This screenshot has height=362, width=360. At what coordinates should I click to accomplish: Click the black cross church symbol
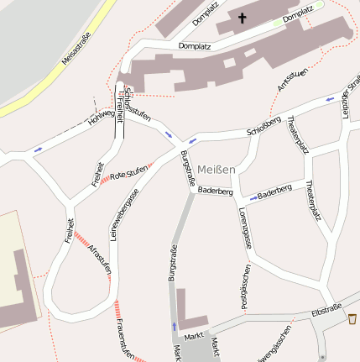[243, 18]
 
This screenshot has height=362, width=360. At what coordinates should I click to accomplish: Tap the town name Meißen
[217, 169]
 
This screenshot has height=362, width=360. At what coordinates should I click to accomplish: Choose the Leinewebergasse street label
[121, 210]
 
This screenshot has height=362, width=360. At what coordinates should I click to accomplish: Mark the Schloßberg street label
[263, 130]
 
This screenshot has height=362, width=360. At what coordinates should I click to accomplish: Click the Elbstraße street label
[326, 312]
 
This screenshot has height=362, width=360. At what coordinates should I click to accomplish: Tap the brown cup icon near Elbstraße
[352, 319]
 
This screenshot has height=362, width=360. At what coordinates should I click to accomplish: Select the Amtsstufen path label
[292, 80]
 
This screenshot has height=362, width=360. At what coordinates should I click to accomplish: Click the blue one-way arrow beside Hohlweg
[37, 150]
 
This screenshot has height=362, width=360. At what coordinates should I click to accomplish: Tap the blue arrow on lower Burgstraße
[175, 325]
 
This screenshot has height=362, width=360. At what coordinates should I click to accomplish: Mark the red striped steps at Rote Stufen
[151, 163]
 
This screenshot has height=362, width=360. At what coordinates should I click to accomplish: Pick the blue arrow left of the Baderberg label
[253, 198]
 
